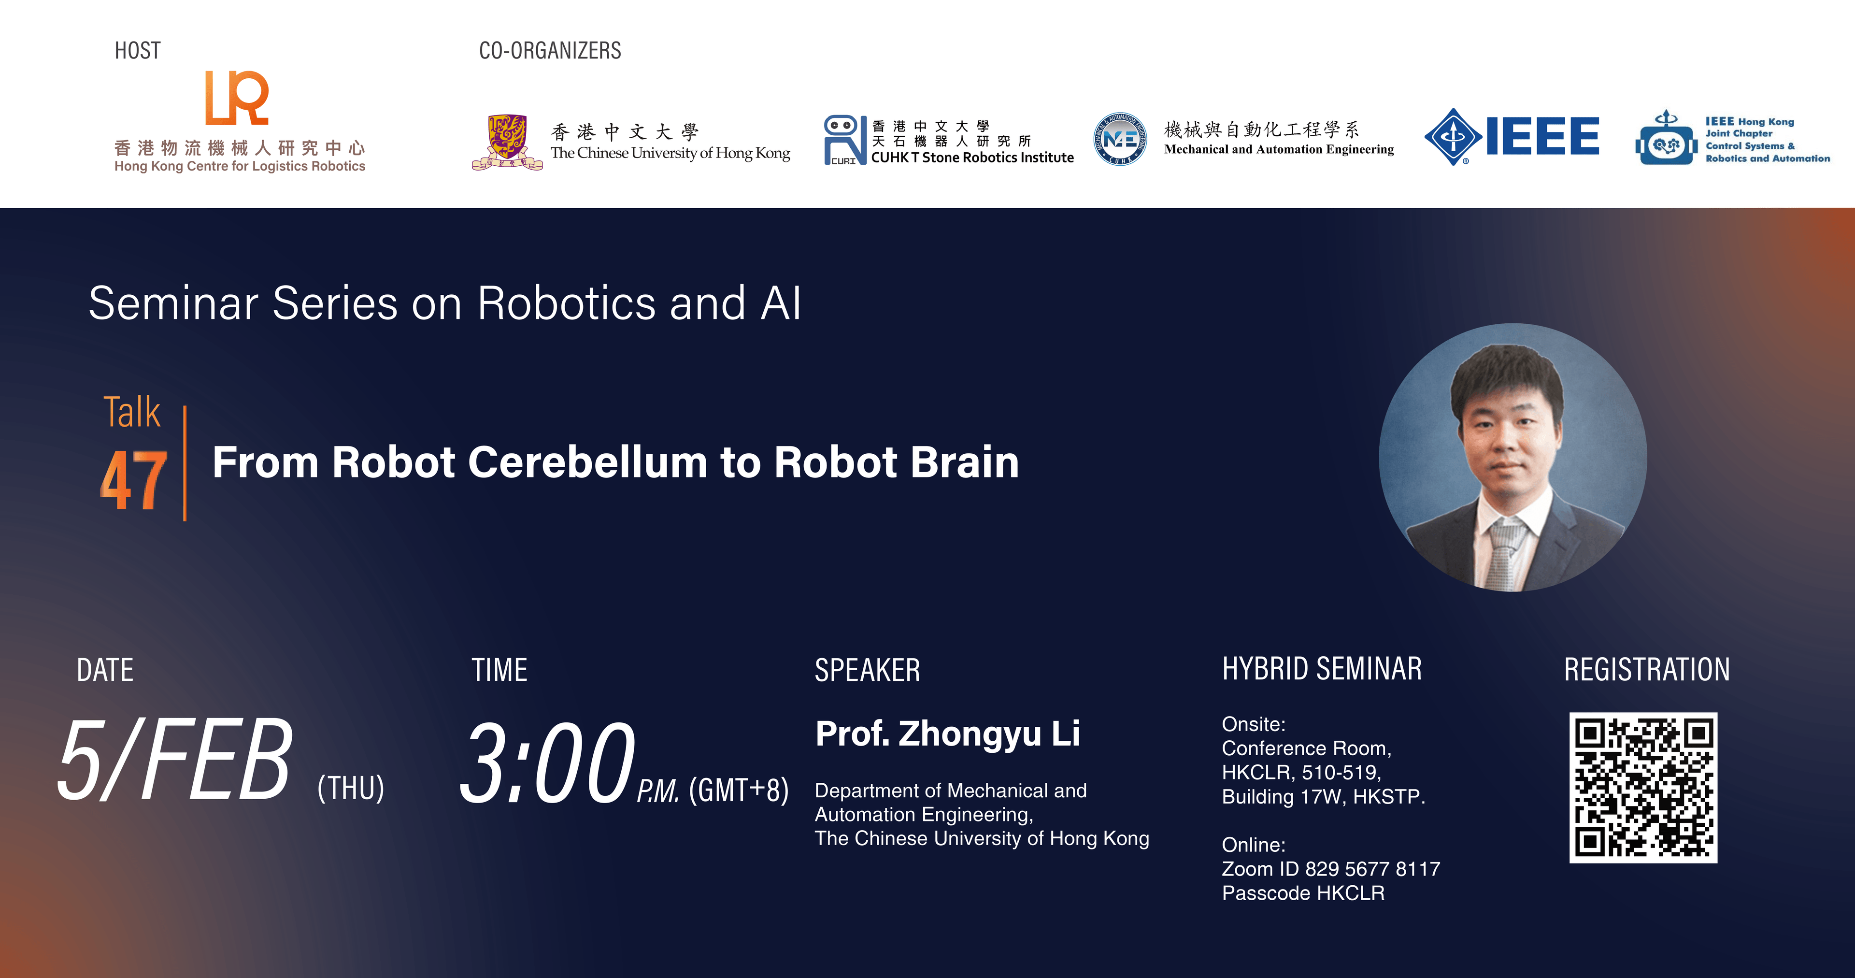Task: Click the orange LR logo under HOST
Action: point(236,98)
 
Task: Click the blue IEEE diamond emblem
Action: point(1453,137)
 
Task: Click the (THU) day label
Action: point(351,788)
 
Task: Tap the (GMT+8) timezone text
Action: point(738,790)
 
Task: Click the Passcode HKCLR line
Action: point(1303,893)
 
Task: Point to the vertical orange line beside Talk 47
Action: point(185,463)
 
